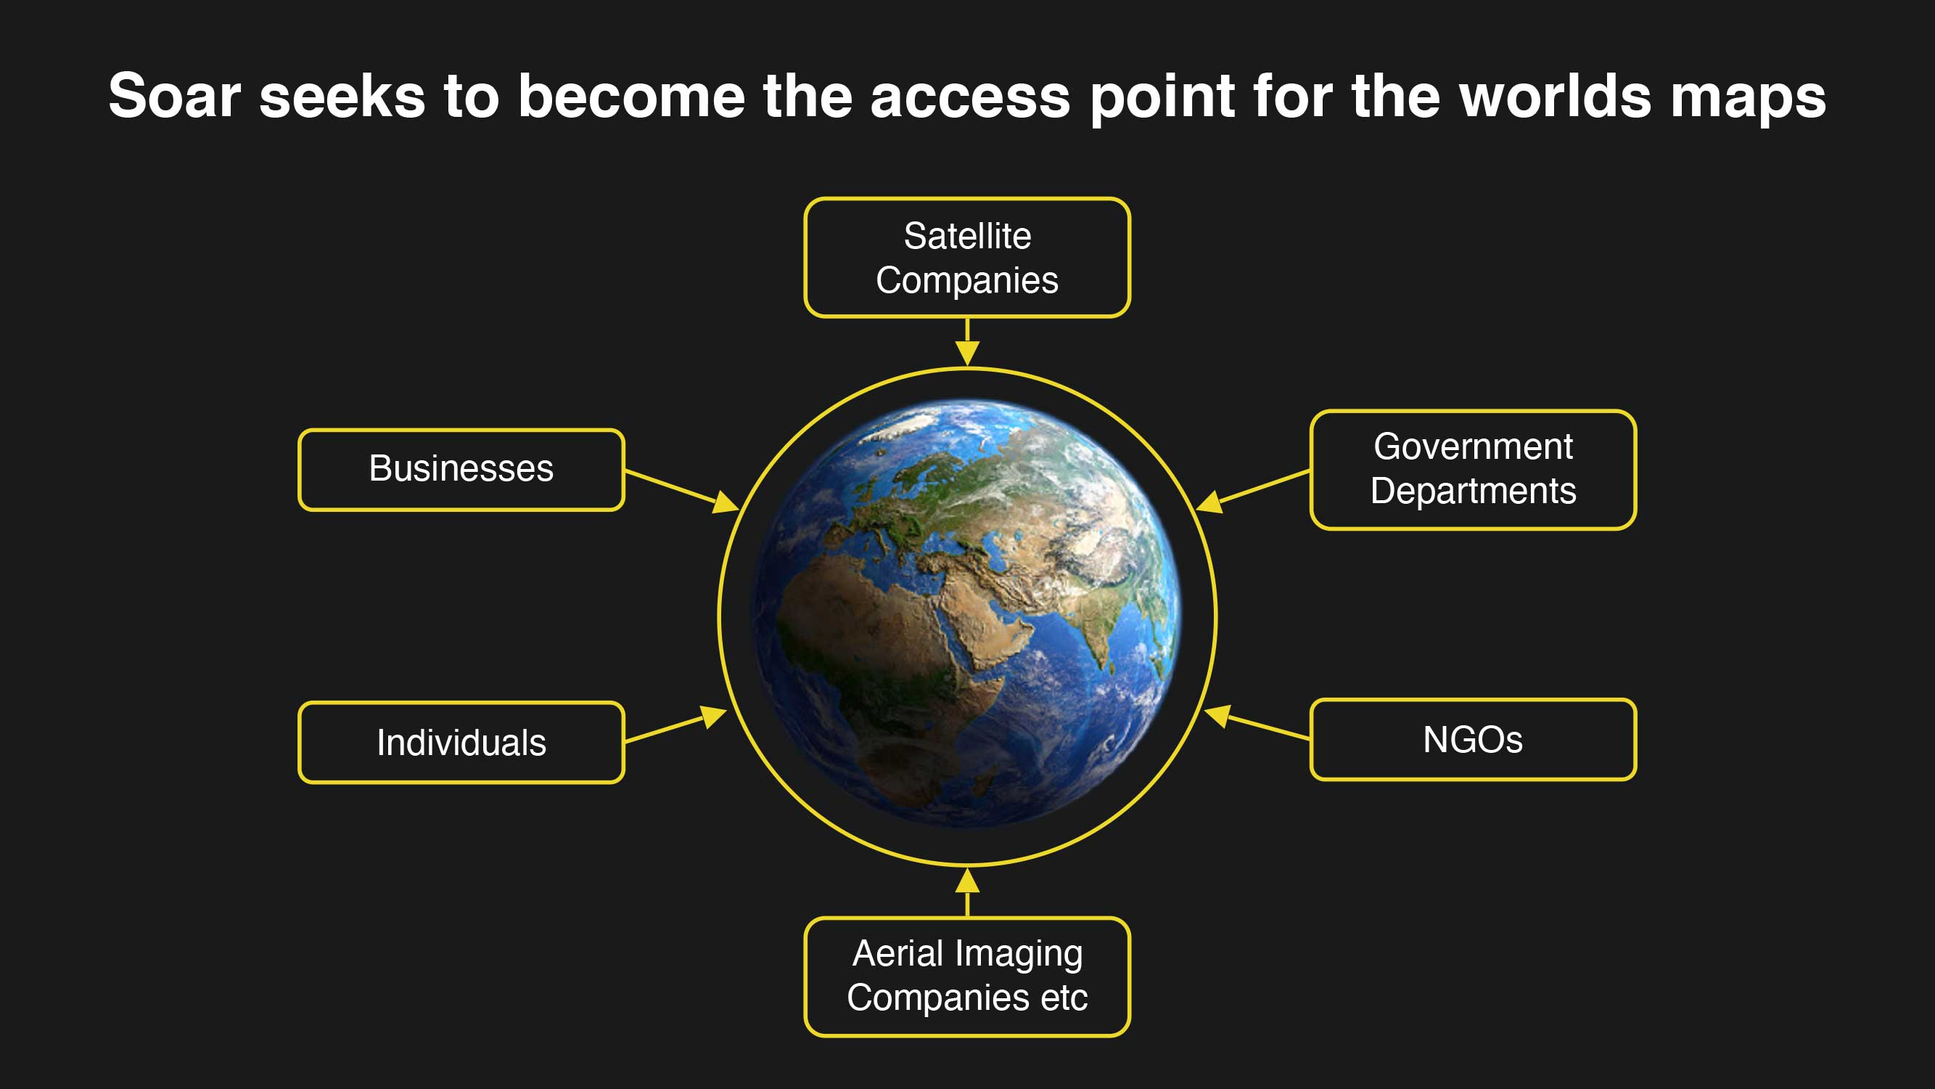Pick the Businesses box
pyautogui.click(x=461, y=470)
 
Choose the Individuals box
pyautogui.click(x=461, y=743)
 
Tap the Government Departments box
pyautogui.click(x=1473, y=470)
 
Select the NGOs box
pyautogui.click(x=1473, y=740)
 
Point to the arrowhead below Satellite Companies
pyautogui.click(x=968, y=354)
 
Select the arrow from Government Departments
pyautogui.click(x=1252, y=492)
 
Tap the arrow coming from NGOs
pyautogui.click(x=1257, y=722)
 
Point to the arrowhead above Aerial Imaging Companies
pyautogui.click(x=968, y=880)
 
